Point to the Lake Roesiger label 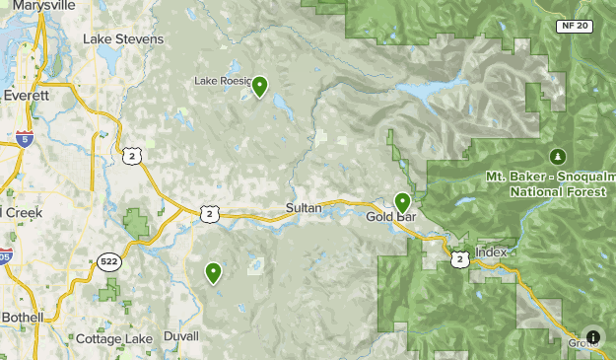tap(223, 81)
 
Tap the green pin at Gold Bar tap(402, 202)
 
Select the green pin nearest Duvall tap(213, 272)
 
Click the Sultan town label tap(304, 208)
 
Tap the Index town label tap(491, 252)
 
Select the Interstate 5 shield tap(25, 139)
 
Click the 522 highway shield tap(109, 262)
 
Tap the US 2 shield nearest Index tap(460, 258)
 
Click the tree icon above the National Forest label tap(557, 156)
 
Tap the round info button tap(592, 336)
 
